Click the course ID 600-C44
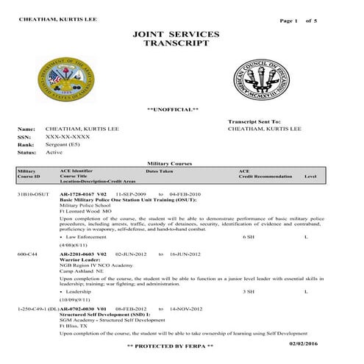27,252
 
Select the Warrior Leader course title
79,258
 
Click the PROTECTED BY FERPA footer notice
170,346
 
